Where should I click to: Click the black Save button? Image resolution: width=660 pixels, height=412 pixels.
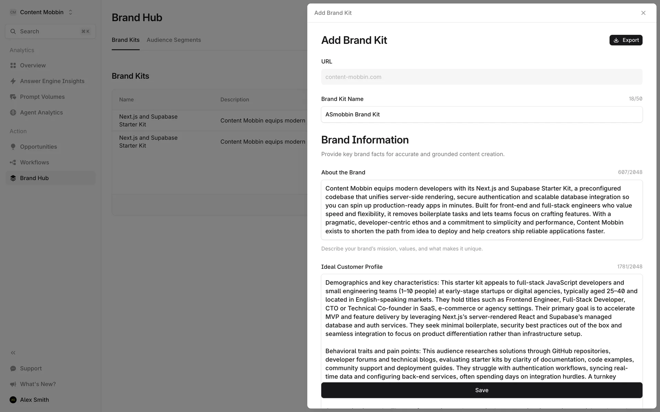(x=481, y=390)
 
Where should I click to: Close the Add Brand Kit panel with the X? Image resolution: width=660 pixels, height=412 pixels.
(x=643, y=13)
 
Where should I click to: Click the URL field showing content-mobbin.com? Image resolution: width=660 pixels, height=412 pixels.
(x=481, y=77)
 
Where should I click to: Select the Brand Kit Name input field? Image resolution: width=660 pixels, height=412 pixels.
(x=481, y=114)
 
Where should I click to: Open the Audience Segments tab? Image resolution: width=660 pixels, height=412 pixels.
(x=174, y=40)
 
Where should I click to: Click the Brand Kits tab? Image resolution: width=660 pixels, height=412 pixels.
(x=125, y=40)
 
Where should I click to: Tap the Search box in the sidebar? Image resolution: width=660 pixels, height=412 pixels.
(x=50, y=32)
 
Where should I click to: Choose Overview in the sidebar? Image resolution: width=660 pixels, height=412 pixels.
(x=33, y=65)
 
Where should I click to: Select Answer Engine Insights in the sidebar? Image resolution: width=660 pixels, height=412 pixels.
(x=52, y=81)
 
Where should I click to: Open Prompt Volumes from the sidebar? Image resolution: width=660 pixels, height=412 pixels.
(x=42, y=97)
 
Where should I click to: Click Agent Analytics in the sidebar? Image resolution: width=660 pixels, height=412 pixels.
(x=41, y=113)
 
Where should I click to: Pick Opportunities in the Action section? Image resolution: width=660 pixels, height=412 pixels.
(x=38, y=147)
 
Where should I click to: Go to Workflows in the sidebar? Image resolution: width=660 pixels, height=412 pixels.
(x=34, y=162)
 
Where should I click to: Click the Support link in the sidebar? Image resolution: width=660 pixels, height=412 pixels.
(x=31, y=368)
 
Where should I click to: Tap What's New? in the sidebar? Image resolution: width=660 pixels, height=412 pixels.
(x=37, y=384)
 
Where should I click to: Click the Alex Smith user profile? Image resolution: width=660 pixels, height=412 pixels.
(x=34, y=400)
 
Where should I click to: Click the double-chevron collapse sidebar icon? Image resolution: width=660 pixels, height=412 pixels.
(x=13, y=353)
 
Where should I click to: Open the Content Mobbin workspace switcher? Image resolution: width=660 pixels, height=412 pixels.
(x=41, y=12)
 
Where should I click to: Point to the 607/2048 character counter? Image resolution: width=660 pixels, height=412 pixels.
(x=630, y=172)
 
